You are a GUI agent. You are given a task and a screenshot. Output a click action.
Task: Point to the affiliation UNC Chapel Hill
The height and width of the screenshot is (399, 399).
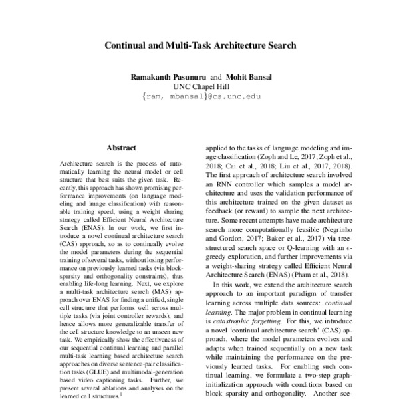click(x=199, y=86)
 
